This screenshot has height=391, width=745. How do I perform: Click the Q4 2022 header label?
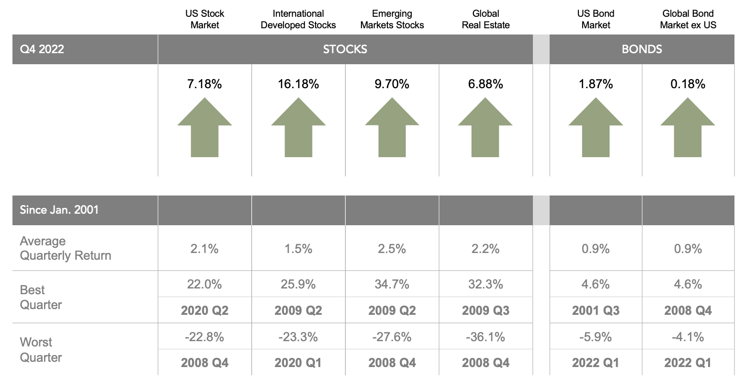pyautogui.click(x=42, y=49)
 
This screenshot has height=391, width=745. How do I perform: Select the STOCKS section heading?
pyautogui.click(x=345, y=49)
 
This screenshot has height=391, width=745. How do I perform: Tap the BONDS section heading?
pyautogui.click(x=642, y=49)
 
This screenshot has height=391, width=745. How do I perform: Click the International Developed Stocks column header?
pyautogui.click(x=298, y=20)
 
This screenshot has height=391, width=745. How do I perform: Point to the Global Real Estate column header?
pyautogui.click(x=485, y=20)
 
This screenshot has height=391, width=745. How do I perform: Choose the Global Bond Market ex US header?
pyautogui.click(x=688, y=20)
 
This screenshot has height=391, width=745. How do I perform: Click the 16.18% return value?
pyautogui.click(x=298, y=84)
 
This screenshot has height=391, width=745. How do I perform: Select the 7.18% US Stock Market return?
pyautogui.click(x=204, y=84)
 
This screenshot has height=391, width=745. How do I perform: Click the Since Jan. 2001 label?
pyautogui.click(x=59, y=210)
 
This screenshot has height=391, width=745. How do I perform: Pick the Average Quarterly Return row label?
pyautogui.click(x=65, y=248)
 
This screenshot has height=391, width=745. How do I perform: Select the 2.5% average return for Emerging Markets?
pyautogui.click(x=392, y=249)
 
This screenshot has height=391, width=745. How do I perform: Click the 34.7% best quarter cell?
pyautogui.click(x=392, y=284)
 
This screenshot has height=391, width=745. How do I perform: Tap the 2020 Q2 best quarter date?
pyautogui.click(x=204, y=310)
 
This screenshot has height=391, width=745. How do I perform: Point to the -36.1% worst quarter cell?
pyautogui.click(x=485, y=337)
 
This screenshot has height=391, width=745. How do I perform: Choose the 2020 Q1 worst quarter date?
pyautogui.click(x=298, y=363)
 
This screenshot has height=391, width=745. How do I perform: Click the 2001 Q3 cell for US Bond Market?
pyautogui.click(x=596, y=310)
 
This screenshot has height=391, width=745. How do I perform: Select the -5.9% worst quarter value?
pyautogui.click(x=596, y=337)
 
